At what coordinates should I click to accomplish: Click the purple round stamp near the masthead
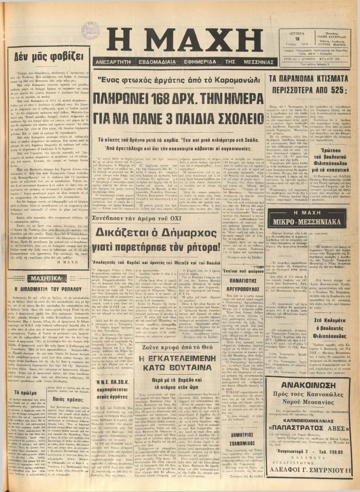(x=92, y=30)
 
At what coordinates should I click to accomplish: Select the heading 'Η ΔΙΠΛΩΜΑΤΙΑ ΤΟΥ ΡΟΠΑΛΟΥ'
(x=48, y=290)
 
